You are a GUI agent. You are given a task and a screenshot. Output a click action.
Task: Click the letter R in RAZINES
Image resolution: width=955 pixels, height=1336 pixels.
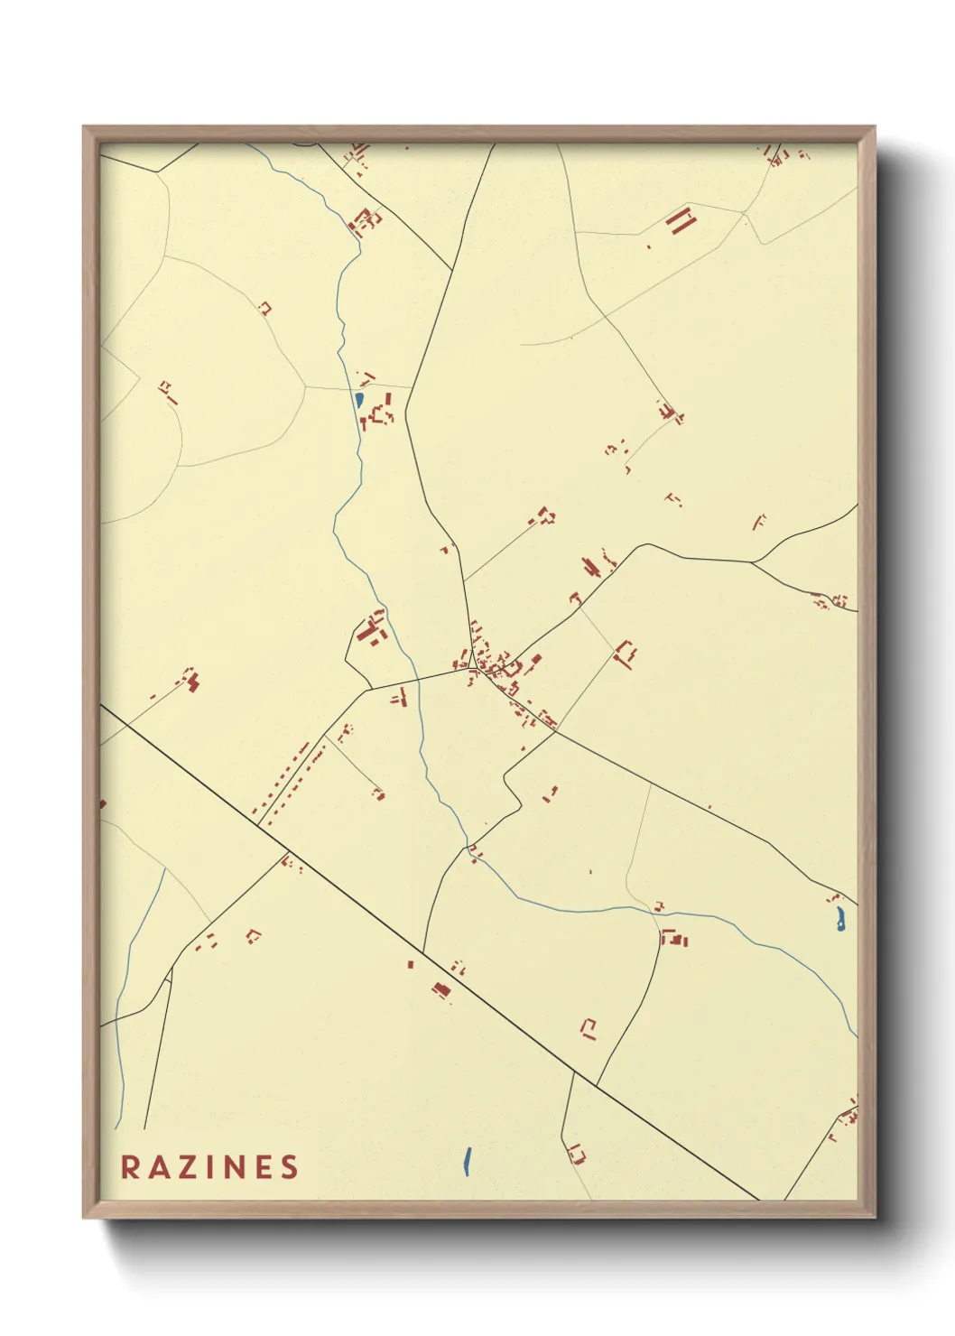click(130, 1166)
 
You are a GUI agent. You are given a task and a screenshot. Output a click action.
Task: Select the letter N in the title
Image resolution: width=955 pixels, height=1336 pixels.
click(236, 1166)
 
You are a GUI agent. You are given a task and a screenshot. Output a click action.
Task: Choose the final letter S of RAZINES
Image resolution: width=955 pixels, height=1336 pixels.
click(289, 1166)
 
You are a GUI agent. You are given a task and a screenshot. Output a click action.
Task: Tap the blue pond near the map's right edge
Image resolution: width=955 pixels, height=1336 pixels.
click(840, 920)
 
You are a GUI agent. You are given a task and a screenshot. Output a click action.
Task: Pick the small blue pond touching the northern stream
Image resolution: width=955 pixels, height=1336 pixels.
click(359, 399)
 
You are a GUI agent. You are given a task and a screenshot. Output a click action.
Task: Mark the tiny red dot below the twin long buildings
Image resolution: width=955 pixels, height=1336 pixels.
click(649, 246)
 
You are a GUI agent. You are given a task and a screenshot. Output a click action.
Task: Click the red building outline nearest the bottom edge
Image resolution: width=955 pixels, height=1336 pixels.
click(576, 1153)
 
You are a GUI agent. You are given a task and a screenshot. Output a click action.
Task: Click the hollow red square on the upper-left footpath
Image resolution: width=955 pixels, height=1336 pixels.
click(264, 308)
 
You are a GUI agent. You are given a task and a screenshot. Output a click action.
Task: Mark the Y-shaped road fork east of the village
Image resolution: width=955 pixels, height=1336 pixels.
click(753, 562)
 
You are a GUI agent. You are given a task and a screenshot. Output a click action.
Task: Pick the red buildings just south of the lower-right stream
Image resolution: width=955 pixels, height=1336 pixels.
click(674, 939)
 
